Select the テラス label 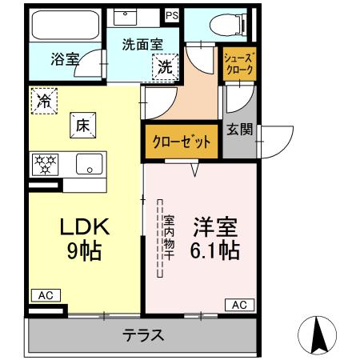click(143, 335)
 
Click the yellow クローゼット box click(182, 142)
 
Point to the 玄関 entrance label click(239, 129)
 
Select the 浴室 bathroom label click(65, 58)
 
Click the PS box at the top click(172, 15)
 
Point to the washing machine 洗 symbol click(164, 67)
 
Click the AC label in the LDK click(46, 295)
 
